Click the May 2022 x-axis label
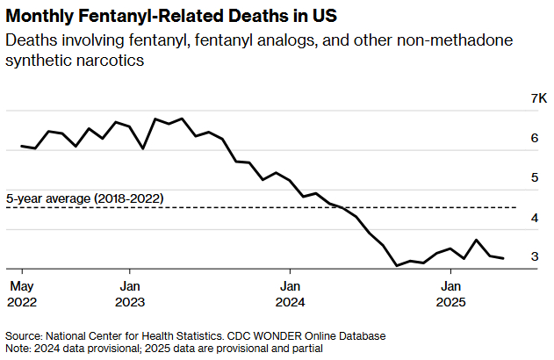[21, 293]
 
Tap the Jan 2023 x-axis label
[129, 293]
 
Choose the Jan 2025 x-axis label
[450, 293]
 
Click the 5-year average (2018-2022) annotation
[84, 199]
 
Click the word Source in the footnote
[22, 336]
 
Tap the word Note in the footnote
[18, 349]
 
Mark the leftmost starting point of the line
[21, 146]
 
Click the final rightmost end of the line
[503, 258]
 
